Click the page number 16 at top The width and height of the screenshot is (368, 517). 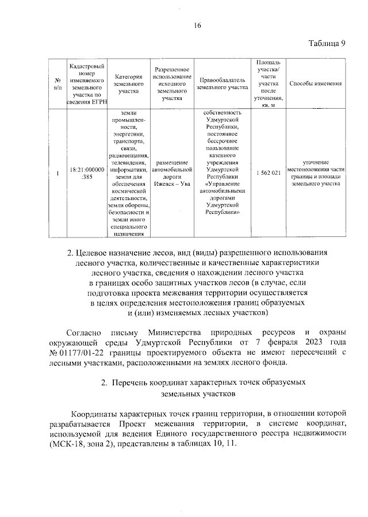click(197, 25)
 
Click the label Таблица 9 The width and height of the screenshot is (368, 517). click(326, 44)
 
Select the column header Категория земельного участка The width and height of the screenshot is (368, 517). click(128, 83)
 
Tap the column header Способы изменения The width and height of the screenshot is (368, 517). click(316, 83)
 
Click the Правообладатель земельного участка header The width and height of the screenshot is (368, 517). click(222, 83)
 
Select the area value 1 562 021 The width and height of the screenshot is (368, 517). click(268, 173)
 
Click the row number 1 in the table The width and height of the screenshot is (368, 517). click(57, 173)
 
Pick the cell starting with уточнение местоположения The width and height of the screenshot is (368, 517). click(316, 173)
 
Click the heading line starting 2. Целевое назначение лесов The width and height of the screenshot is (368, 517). click(197, 252)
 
